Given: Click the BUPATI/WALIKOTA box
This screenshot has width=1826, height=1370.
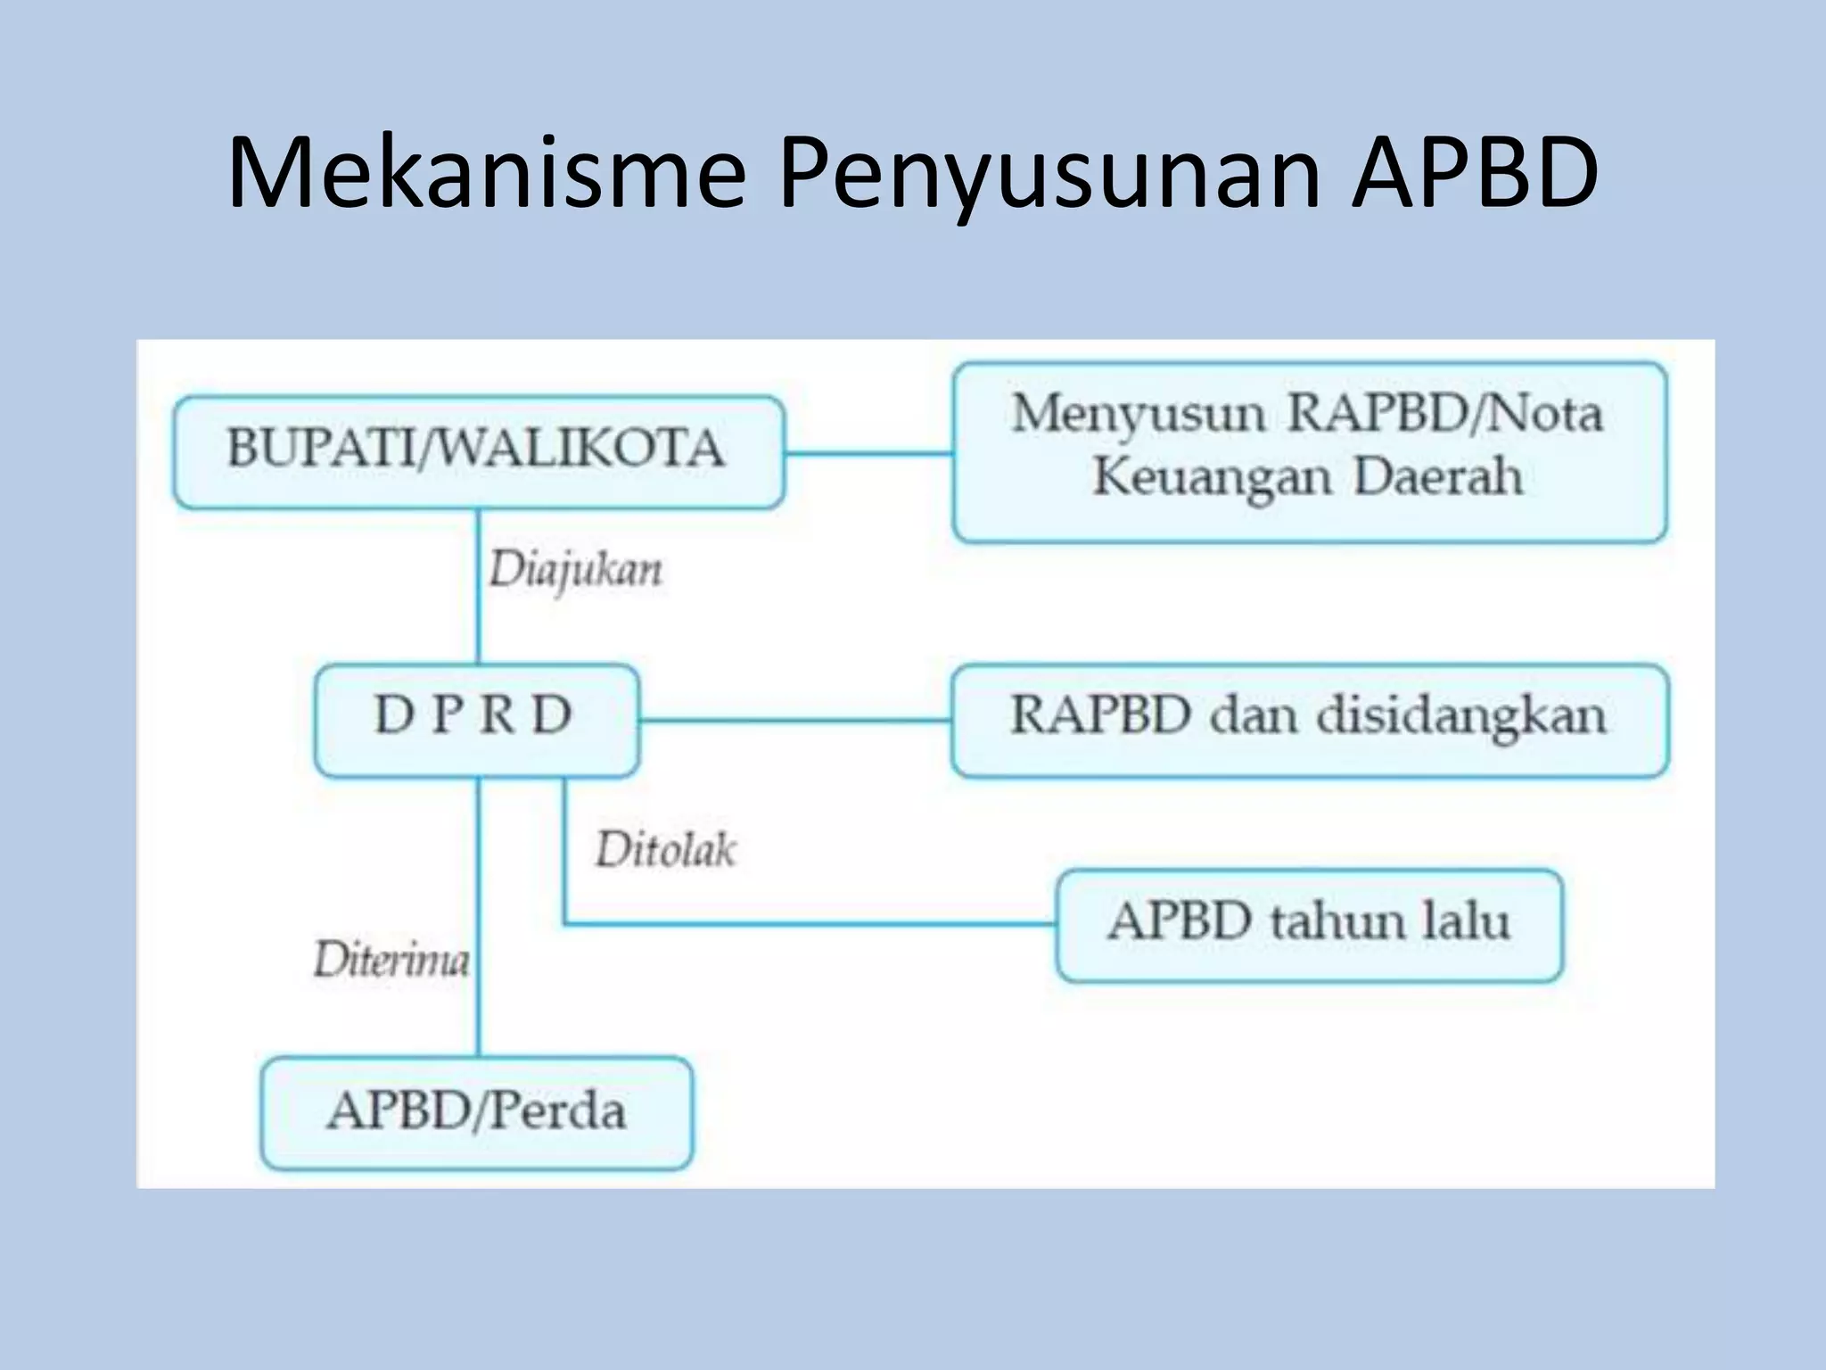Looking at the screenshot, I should point(478,451).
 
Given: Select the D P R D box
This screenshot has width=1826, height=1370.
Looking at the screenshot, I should point(476,719).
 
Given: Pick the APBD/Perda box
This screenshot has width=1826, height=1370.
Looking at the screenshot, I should point(476,1112).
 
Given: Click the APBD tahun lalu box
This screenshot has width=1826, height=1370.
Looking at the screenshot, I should point(1309,925).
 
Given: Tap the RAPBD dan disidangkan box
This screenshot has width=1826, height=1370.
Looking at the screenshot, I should point(1309,719).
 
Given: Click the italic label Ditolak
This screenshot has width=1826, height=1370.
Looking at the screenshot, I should point(665,849).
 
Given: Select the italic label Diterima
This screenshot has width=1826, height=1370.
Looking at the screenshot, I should point(391,961).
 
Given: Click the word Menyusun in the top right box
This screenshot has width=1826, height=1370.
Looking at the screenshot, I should point(1138,415).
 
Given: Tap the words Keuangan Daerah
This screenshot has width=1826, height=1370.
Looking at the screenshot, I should point(1307,477).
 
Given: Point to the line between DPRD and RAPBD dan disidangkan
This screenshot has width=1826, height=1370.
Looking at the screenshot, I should point(794,720).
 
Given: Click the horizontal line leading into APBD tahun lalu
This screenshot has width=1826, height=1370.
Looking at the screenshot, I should point(802,924).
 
